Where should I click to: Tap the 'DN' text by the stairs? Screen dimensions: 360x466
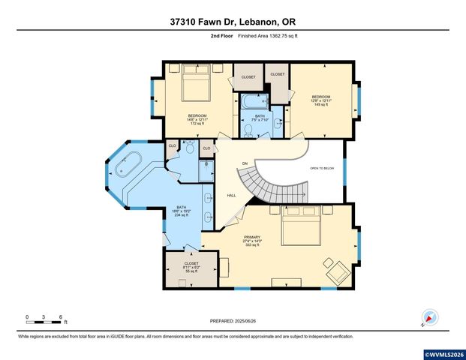(x=245, y=163)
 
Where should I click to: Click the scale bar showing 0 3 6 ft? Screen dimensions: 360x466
(x=44, y=322)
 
